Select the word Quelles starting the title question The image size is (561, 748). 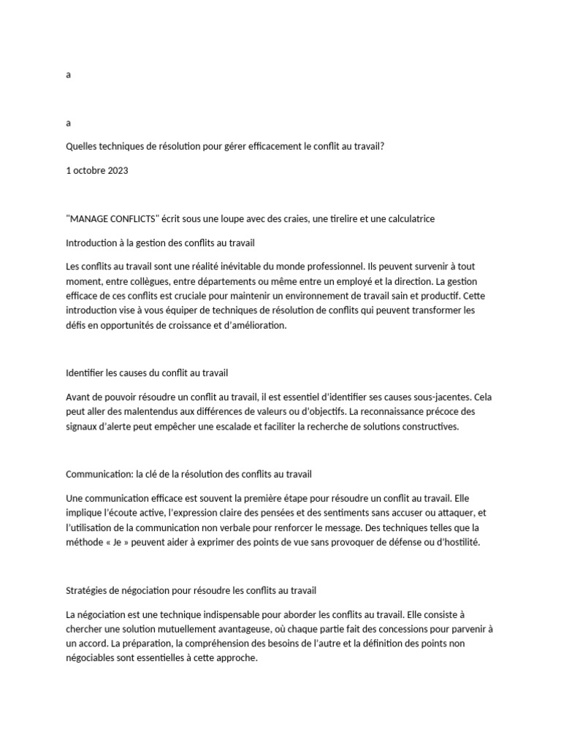(83, 146)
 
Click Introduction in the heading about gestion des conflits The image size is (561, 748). (94, 242)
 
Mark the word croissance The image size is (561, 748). (194, 327)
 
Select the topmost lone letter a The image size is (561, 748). (68, 75)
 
